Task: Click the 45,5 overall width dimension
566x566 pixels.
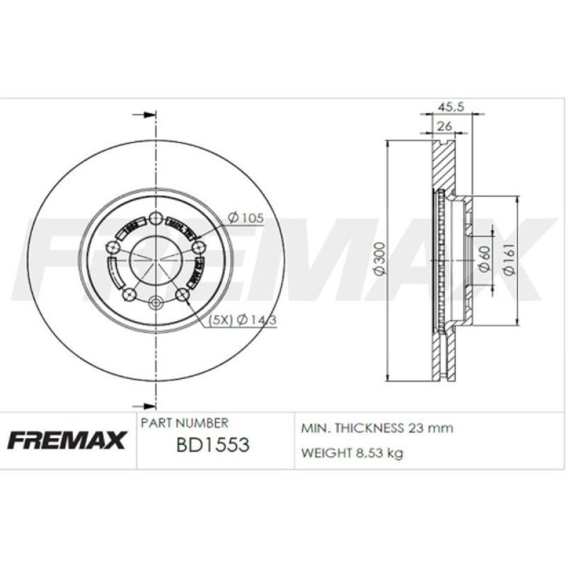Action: pos(451,107)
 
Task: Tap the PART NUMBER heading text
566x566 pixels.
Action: pos(185,423)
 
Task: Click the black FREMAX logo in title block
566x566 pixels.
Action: pos(67,440)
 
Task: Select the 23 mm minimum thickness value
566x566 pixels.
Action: pos(429,428)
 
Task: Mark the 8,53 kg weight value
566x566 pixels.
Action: pos(380,453)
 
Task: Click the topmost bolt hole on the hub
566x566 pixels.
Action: pos(156,218)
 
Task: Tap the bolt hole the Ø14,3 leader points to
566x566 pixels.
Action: pos(182,294)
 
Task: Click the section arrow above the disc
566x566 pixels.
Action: pos(144,114)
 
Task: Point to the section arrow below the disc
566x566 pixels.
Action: pos(144,405)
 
